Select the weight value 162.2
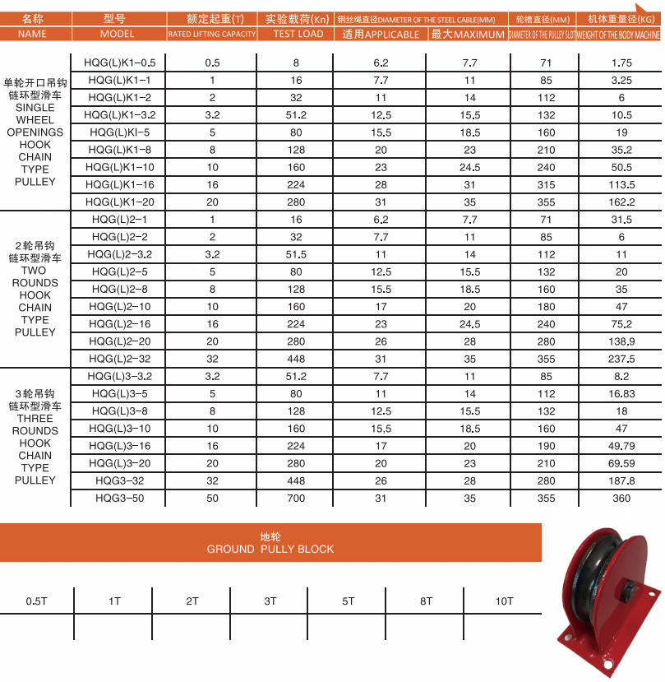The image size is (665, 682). coord(621,202)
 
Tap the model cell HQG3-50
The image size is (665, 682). coord(120,498)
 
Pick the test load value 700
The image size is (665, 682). coord(296,498)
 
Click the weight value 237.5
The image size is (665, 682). coord(621,359)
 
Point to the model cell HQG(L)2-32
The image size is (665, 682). coord(120,359)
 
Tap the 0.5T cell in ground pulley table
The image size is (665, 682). coord(35,601)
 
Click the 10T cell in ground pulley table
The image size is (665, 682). coord(504,601)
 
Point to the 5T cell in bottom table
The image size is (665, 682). coord(348,601)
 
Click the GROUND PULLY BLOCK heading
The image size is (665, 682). coord(270,549)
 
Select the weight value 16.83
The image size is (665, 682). coord(621,393)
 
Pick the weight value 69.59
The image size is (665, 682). coord(621,463)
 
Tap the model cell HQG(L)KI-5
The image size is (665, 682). coord(120,132)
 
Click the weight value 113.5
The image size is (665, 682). coord(621,185)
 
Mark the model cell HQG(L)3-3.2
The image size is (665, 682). coord(120,376)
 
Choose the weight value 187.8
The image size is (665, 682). coord(621,480)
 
